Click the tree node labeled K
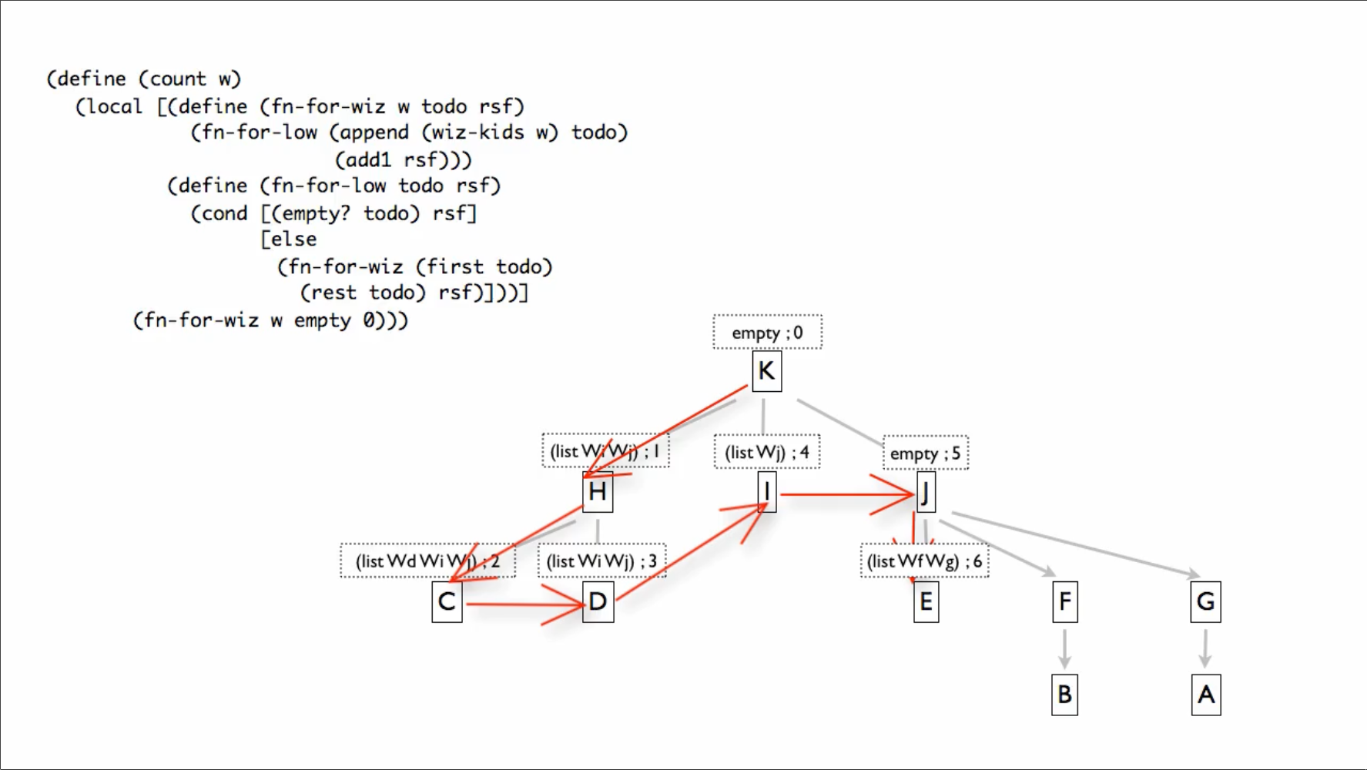(x=766, y=371)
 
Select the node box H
(x=598, y=492)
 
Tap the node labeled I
(x=766, y=492)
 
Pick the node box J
(x=926, y=492)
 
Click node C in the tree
(x=447, y=601)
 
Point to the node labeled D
(x=598, y=601)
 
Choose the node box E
(x=926, y=601)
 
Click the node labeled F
(x=1064, y=601)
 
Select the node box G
(x=1205, y=601)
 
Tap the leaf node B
(x=1064, y=695)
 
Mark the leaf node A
(x=1205, y=695)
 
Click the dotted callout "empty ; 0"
(x=767, y=333)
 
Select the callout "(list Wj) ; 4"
(x=767, y=452)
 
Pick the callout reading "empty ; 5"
(x=925, y=454)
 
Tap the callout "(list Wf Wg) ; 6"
(x=924, y=561)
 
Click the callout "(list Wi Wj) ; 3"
(x=601, y=561)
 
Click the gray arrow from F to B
(x=1064, y=648)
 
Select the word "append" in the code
(x=374, y=132)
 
